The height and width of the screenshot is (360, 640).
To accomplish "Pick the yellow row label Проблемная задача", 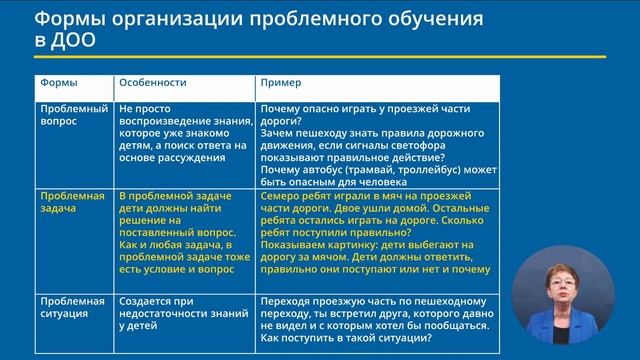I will [71, 203].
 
